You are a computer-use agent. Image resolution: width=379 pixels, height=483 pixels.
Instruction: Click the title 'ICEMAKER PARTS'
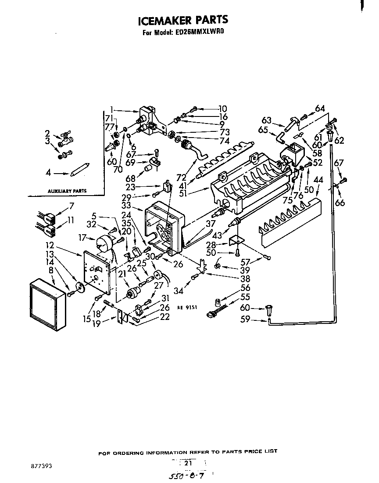(183, 20)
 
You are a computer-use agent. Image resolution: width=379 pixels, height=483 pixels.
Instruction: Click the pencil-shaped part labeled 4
(80, 170)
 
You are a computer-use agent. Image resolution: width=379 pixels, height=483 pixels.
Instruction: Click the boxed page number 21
(189, 463)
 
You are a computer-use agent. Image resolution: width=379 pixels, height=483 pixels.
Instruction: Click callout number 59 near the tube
(245, 320)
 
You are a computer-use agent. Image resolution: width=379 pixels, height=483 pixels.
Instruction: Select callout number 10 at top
(222, 109)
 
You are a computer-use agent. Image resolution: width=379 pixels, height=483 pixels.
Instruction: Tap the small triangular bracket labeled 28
(237, 240)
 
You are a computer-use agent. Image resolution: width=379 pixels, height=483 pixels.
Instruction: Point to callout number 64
(320, 109)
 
